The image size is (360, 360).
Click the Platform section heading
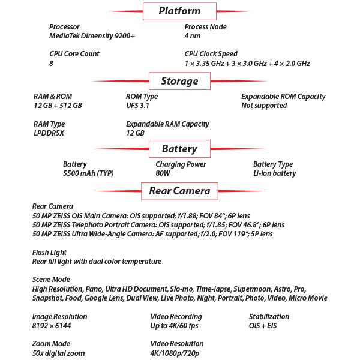pos(179,11)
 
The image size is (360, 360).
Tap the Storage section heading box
pos(179,81)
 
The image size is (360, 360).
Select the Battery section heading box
pos(179,149)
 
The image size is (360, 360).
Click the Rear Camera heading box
pos(179,191)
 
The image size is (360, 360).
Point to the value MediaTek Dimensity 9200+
pos(92,36)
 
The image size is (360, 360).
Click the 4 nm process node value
pos(193,36)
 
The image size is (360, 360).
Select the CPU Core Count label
pos(74,54)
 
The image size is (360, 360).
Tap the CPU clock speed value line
pos(247,64)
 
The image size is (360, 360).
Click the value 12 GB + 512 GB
pos(58,106)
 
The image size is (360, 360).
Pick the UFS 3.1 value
pos(137,106)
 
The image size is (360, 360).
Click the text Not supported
pos(264,106)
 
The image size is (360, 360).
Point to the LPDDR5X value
pos(49,133)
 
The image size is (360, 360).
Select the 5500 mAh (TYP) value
pos(88,173)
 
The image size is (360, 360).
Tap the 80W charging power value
pos(163,173)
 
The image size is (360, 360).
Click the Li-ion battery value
pos(275,173)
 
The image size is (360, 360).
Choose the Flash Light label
pos(49,253)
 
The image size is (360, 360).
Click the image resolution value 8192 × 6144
pos(52,326)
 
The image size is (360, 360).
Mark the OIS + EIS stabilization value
pos(263,326)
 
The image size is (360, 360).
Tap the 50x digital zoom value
pos(58,353)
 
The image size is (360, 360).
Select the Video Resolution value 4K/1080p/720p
pos(175,353)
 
